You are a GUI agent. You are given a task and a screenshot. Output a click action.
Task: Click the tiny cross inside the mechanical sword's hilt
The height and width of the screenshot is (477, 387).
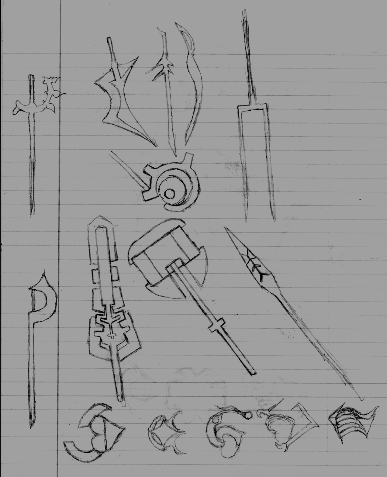point(112,335)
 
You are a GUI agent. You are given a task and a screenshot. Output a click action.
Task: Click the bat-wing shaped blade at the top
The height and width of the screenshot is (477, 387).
point(122,97)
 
